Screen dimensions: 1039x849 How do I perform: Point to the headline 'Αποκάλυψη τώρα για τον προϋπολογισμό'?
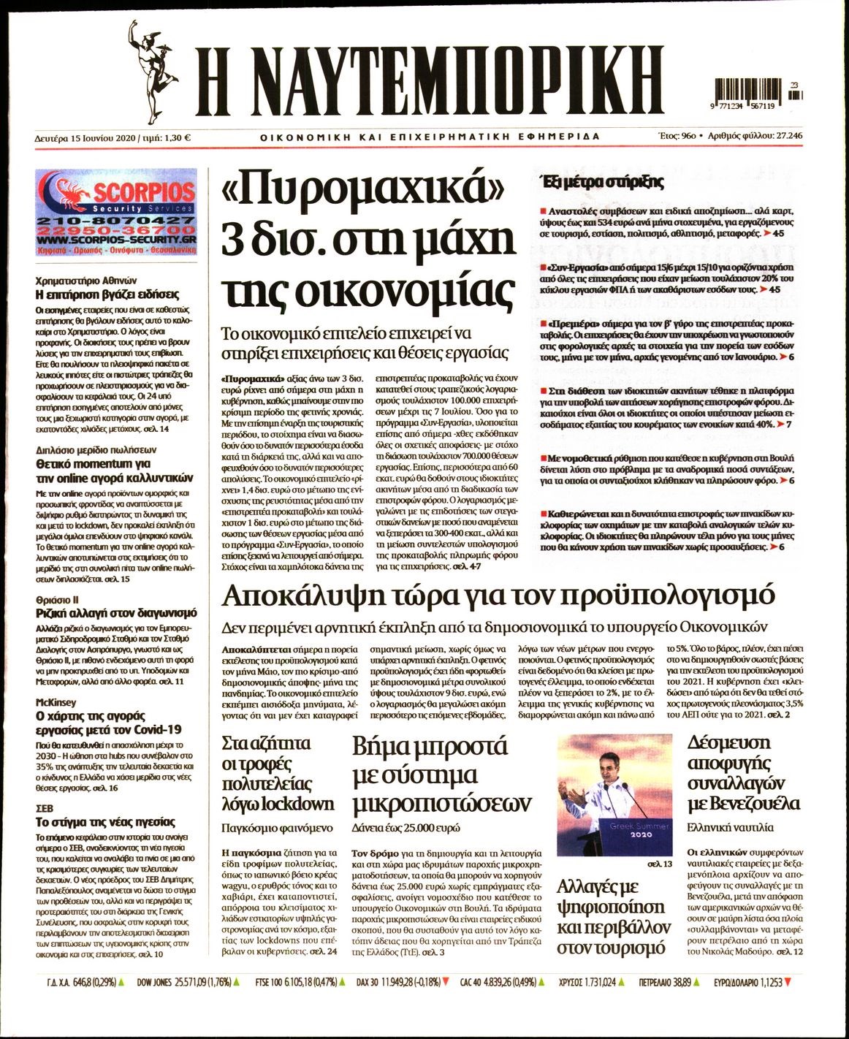click(x=498, y=596)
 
